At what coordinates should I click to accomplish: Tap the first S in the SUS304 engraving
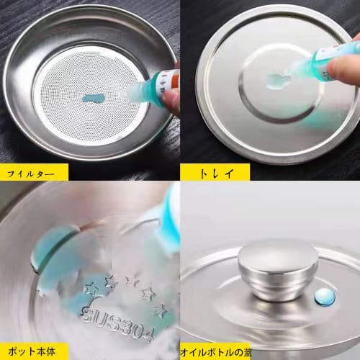pyautogui.click(x=88, y=315)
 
